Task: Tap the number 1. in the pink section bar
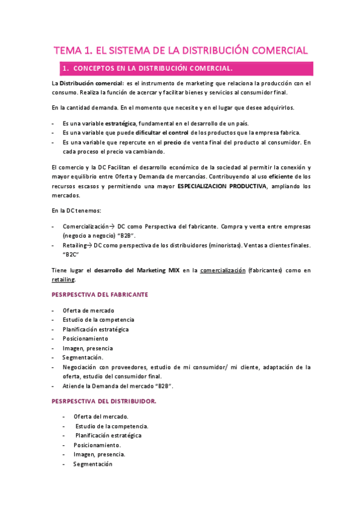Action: (66, 68)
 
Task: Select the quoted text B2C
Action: (71, 255)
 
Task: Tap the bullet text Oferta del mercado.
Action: (100, 417)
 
